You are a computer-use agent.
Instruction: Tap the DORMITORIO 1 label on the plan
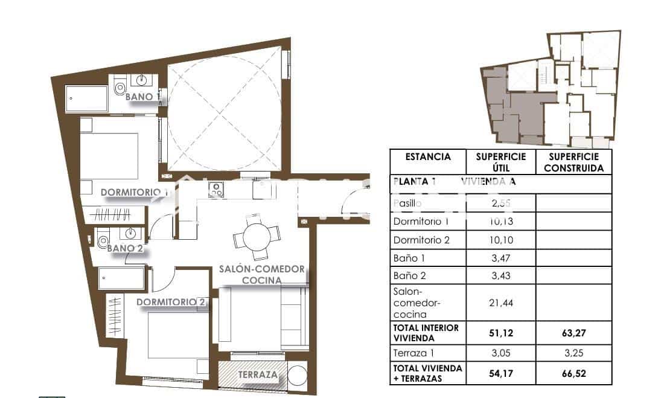point(134,193)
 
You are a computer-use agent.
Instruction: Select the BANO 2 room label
point(126,248)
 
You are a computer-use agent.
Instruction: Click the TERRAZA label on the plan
point(258,375)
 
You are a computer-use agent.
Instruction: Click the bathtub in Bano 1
point(86,98)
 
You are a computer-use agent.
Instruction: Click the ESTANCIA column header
point(428,157)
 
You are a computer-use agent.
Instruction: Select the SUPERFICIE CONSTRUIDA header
point(573,162)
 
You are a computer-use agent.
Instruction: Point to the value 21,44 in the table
point(500,303)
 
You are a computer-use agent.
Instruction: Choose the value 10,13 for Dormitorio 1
point(500,222)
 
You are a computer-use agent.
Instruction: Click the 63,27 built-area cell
point(573,332)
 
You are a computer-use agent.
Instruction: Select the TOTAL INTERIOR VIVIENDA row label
point(426,332)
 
